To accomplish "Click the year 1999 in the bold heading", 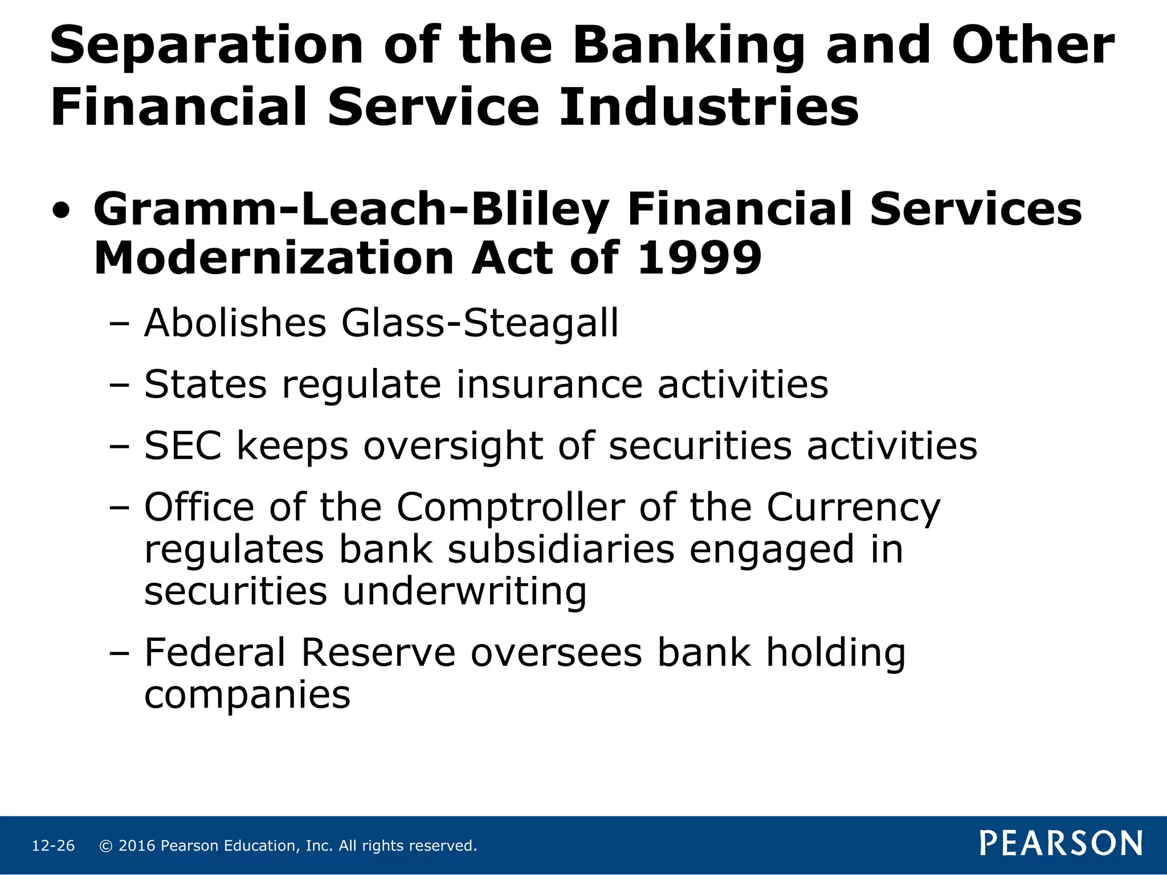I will point(699,258).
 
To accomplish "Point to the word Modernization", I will point(272,258).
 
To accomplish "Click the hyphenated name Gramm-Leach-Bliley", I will point(351,210).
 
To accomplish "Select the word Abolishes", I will point(235,323).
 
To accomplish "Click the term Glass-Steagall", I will point(480,323).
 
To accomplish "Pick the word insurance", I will point(549,385).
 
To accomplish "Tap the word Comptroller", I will point(511,506).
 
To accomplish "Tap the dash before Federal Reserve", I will point(119,654).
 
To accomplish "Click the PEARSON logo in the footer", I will point(1061,844).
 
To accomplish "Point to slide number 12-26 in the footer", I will point(53,846).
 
